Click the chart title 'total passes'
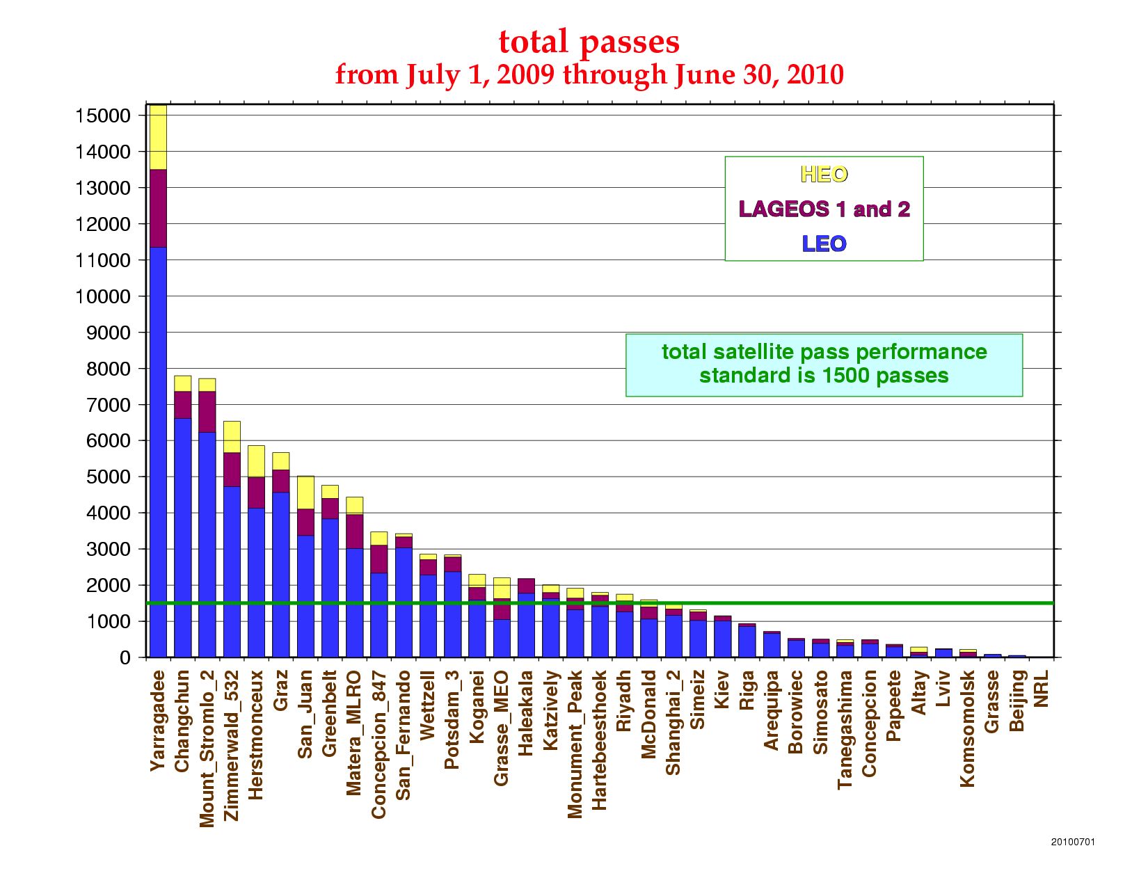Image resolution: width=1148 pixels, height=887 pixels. [x=589, y=42]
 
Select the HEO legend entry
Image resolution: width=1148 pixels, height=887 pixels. [x=824, y=174]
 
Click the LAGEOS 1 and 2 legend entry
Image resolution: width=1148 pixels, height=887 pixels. [x=824, y=209]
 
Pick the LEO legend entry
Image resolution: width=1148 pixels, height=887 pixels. [x=824, y=243]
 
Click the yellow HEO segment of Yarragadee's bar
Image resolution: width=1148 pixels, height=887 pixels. [x=159, y=137]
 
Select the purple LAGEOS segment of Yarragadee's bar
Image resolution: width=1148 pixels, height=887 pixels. [x=159, y=208]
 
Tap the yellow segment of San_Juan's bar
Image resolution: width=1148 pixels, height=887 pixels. [x=305, y=493]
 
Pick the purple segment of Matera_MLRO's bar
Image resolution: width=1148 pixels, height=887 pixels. [x=355, y=532]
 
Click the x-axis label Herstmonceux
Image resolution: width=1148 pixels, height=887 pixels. [x=256, y=735]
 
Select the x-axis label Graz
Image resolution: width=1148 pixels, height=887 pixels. [x=281, y=690]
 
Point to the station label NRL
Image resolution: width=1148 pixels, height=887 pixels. [x=1042, y=689]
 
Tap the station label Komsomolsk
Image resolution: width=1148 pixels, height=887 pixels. [x=968, y=728]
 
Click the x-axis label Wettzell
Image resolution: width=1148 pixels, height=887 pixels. [x=428, y=705]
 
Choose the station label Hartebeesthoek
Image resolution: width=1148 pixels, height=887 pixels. [x=600, y=740]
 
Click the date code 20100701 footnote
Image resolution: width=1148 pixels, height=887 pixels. [x=1072, y=842]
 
